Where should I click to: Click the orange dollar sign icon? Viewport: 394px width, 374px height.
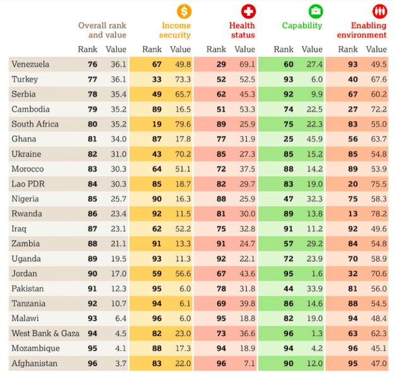184,11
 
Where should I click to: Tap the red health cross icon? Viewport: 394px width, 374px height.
248,11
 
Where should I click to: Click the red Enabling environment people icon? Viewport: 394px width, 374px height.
379,11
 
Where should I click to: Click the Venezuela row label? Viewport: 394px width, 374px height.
30,64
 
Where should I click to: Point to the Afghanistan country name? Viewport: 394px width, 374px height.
35,364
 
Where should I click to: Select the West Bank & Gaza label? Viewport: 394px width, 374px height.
45,334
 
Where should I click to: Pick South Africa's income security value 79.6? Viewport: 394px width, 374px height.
181,124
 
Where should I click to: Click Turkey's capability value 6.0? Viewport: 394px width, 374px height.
316,79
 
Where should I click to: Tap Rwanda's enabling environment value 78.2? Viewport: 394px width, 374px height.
377,214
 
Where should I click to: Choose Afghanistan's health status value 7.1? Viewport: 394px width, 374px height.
247,364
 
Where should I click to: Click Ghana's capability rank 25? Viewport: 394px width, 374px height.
288,139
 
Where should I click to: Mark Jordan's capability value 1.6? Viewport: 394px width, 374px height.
316,274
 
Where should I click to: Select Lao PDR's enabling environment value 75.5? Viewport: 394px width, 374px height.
377,184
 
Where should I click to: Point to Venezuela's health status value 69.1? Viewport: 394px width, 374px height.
245,64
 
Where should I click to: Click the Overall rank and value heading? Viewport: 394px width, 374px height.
102,30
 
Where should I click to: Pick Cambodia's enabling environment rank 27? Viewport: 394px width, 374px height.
352,109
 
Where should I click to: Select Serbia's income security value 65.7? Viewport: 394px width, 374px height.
181,95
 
